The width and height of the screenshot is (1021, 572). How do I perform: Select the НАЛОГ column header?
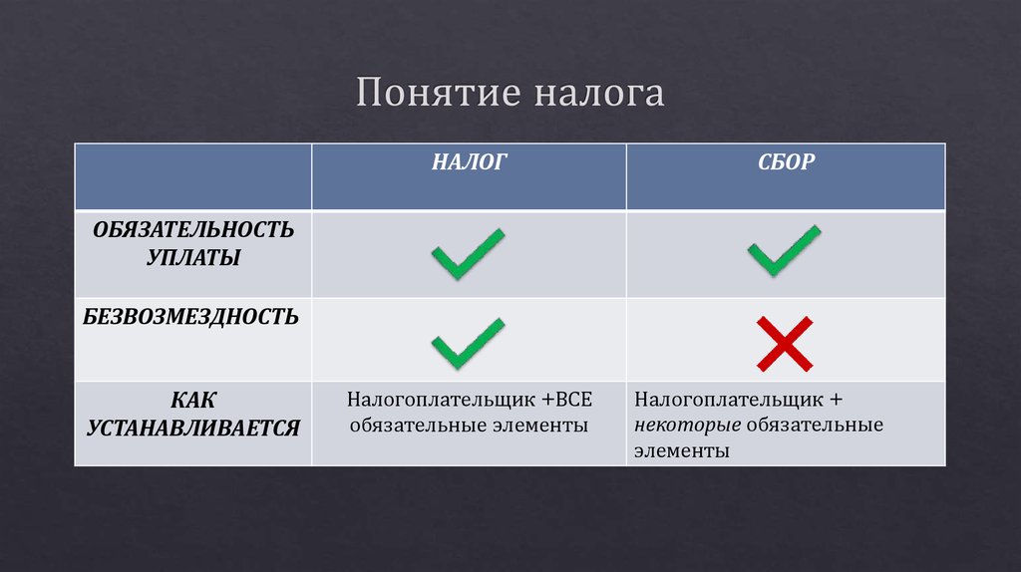point(470,161)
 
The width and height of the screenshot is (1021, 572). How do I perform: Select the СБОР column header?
point(786,161)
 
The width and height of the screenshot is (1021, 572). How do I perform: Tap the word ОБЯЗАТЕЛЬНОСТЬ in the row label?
point(194,230)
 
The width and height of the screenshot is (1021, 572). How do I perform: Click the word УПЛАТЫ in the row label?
point(193,257)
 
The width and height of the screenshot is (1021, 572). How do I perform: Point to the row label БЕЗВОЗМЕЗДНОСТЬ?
point(191,318)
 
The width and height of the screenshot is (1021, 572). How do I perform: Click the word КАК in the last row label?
point(193,401)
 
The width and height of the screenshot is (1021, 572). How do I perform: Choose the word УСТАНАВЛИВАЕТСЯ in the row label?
point(193,428)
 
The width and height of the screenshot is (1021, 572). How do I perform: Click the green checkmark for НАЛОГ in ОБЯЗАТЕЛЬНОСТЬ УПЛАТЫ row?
point(468,253)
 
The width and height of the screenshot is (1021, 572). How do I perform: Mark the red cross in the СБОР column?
point(785,343)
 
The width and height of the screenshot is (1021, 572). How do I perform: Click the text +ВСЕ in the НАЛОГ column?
point(567,401)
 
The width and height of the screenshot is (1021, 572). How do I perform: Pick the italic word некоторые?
point(687,426)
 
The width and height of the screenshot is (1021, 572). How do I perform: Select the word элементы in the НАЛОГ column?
point(540,426)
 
